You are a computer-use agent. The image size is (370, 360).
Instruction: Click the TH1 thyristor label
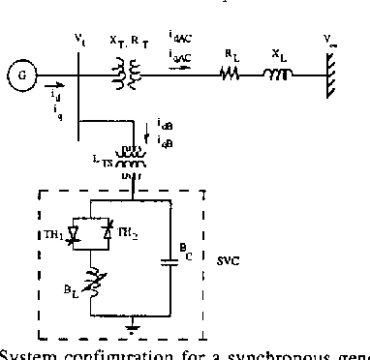(53, 231)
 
